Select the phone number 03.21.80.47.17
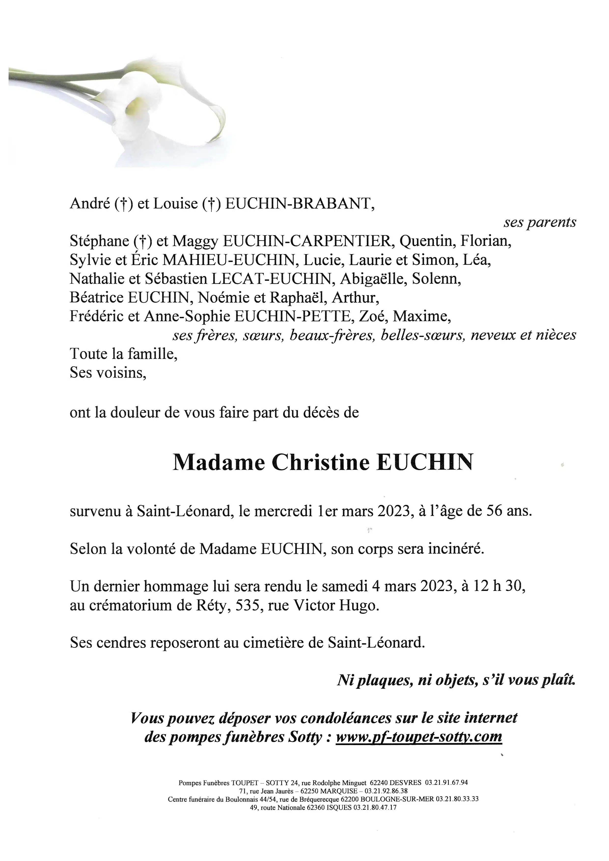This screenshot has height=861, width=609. (x=375, y=807)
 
